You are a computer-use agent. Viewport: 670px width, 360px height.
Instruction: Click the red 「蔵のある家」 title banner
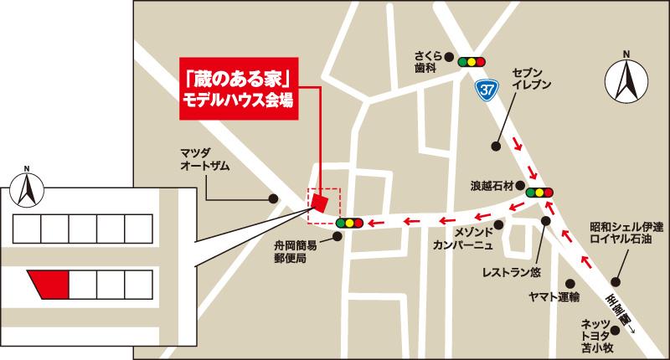[x=239, y=89]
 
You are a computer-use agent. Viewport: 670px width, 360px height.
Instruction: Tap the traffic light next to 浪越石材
[x=540, y=193]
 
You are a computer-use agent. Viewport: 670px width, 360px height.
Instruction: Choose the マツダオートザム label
[x=205, y=158]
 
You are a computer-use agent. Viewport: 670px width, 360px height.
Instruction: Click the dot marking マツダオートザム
[x=273, y=198]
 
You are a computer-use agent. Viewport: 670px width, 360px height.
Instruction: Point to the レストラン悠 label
[x=511, y=272]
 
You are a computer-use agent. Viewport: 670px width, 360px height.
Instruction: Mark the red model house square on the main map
[x=318, y=202]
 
